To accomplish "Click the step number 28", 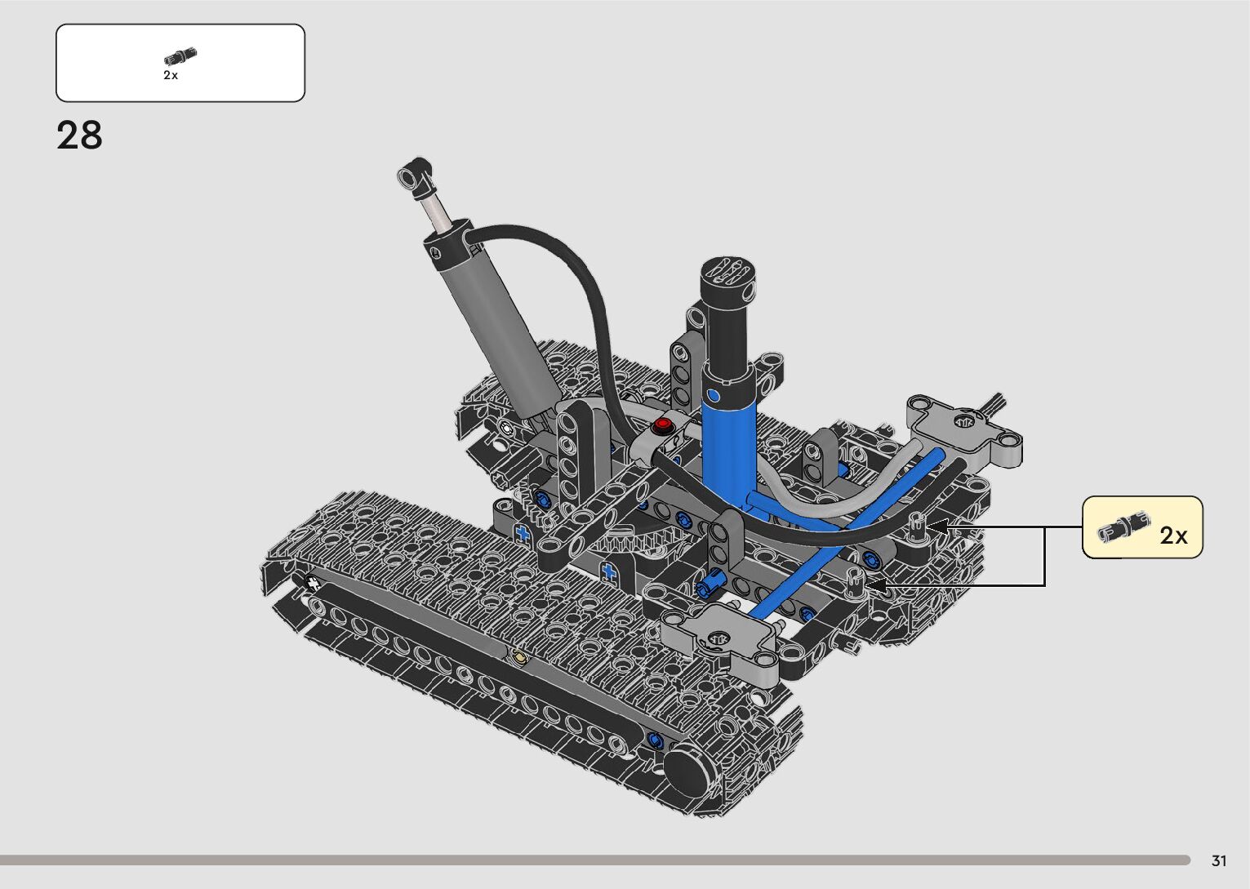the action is pyautogui.click(x=79, y=135).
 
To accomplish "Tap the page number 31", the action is pyautogui.click(x=1219, y=860).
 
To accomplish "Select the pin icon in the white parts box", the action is pyautogui.click(x=180, y=56).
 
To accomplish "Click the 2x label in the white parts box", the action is pyautogui.click(x=170, y=75).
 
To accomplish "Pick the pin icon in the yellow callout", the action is pyautogui.click(x=1123, y=526).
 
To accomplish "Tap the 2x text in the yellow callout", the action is pyautogui.click(x=1173, y=536).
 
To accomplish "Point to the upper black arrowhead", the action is pyautogui.click(x=937, y=526).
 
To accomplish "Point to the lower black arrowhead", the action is pyautogui.click(x=875, y=585).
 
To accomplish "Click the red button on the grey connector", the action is pyautogui.click(x=663, y=424).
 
